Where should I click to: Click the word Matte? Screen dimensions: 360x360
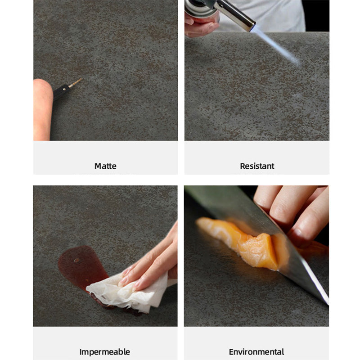tap(105, 166)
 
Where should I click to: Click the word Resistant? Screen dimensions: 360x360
tap(257, 166)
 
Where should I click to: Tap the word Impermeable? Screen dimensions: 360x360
tap(105, 352)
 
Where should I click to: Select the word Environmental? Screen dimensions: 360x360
tap(256, 352)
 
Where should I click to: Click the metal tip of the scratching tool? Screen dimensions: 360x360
tap(75, 83)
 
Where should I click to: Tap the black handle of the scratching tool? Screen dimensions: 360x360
tap(61, 91)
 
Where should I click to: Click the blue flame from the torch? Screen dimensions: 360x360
tap(277, 47)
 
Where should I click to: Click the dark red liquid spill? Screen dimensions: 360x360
tap(81, 266)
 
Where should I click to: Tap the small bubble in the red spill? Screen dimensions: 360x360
tap(76, 261)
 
